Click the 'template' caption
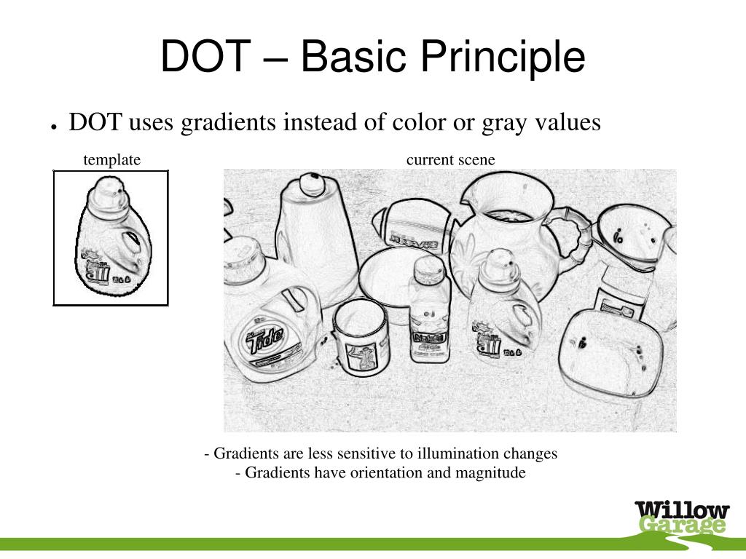(111, 160)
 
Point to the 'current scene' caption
(450, 160)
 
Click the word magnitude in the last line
(490, 473)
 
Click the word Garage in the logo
(683, 526)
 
